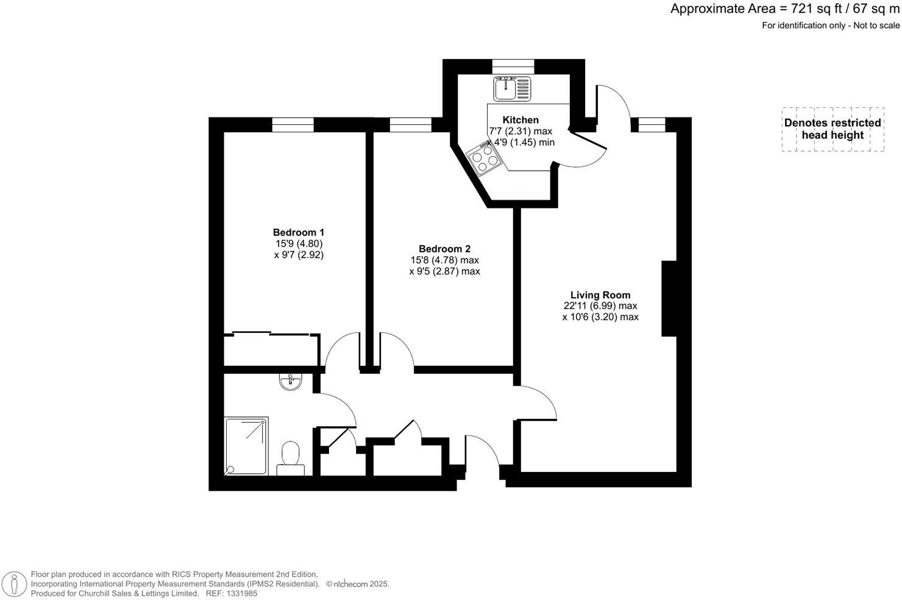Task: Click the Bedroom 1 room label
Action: (298, 232)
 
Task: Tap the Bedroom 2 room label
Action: (444, 249)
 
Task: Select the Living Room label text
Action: (600, 295)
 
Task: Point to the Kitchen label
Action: (520, 120)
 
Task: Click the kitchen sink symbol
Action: (513, 88)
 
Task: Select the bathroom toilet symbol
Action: (291, 459)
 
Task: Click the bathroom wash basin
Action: (290, 382)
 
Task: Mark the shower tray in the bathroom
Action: (246, 446)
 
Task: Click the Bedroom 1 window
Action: (293, 125)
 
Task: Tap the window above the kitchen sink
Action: (513, 66)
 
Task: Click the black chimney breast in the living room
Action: (669, 298)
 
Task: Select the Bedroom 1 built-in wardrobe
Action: (271, 350)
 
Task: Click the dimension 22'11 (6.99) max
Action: (600, 306)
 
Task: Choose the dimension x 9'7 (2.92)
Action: (299, 255)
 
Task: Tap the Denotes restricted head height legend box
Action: (833, 129)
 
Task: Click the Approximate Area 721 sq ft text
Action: (785, 9)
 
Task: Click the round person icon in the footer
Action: (13, 583)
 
